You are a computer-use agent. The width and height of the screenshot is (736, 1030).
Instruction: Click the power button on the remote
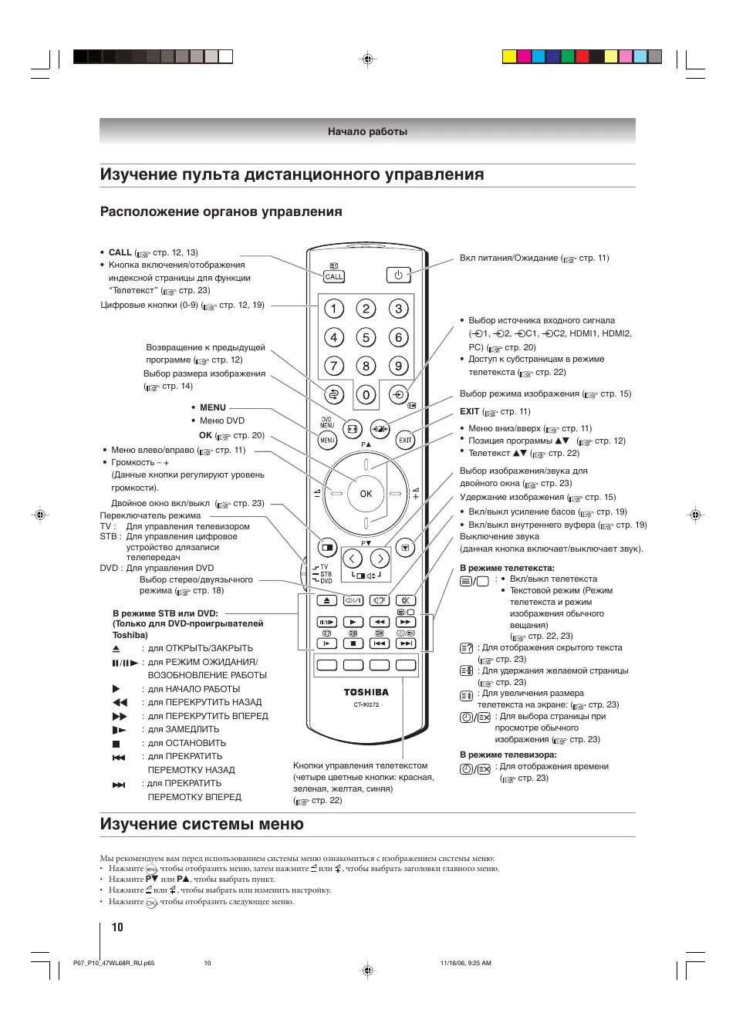click(398, 275)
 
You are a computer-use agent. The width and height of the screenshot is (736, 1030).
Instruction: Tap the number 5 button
click(366, 337)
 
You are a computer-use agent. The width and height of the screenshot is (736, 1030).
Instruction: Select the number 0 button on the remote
click(366, 395)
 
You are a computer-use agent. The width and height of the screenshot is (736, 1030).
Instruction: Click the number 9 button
click(398, 366)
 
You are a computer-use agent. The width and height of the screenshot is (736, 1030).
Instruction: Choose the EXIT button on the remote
click(405, 441)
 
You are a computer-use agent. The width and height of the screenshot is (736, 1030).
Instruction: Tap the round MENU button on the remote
click(327, 441)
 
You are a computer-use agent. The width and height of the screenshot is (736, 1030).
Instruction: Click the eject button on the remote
click(327, 599)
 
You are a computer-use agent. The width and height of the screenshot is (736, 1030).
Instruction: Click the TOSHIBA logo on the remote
click(366, 692)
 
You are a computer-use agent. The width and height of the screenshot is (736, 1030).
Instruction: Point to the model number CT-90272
click(366, 704)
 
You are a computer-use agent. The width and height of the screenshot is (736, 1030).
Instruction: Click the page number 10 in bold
click(117, 927)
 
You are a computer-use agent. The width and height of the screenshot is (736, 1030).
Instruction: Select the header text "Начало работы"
click(367, 131)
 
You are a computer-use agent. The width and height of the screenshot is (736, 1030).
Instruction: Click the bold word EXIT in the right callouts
click(469, 411)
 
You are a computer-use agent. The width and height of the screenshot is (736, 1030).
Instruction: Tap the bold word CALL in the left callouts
click(120, 252)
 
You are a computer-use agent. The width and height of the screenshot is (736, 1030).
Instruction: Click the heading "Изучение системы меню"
click(202, 824)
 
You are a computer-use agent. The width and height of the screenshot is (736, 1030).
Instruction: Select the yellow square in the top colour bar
click(509, 56)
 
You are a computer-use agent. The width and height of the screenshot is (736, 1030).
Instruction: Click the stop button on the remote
click(353, 643)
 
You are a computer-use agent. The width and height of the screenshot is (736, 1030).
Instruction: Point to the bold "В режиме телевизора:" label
click(508, 755)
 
